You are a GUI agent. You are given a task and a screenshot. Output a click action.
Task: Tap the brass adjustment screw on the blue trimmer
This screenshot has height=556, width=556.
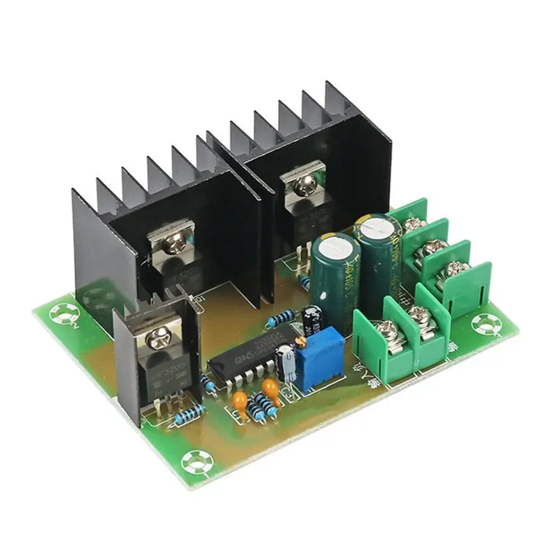coord(300,342)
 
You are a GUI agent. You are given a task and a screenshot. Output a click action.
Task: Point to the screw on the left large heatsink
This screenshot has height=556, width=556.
coord(173,241)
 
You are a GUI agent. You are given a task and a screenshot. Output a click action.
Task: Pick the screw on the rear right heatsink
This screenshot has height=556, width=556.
coord(303,183)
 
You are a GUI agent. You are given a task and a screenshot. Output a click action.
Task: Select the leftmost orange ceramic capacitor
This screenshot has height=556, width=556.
coord(240,399)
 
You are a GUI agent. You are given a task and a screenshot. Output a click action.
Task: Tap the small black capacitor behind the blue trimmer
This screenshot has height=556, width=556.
coord(311,315)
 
